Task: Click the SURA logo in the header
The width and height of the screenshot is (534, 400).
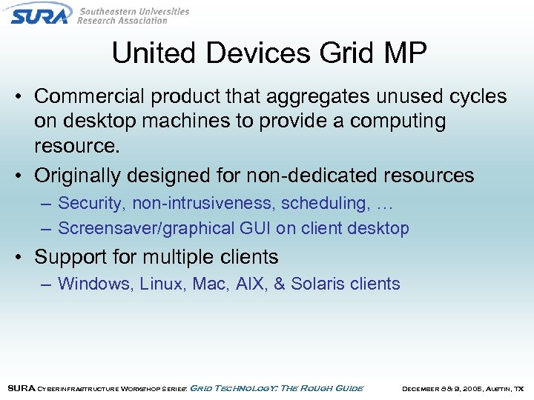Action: tap(40, 13)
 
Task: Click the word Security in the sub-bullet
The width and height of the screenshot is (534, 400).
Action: tap(92, 202)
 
